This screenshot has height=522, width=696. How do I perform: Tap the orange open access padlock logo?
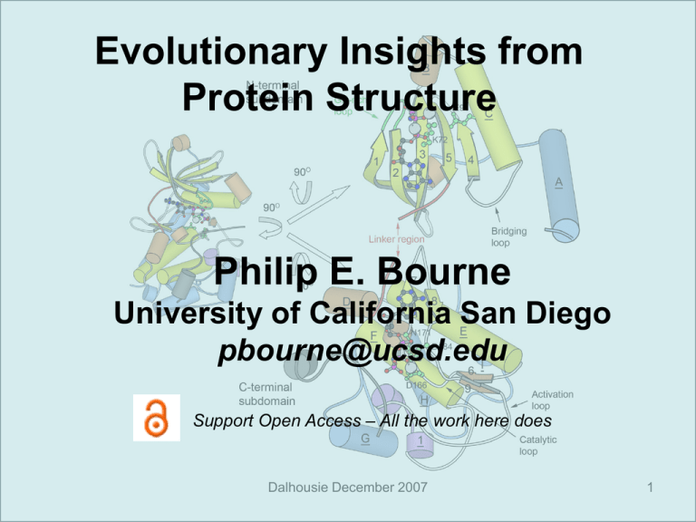coord(157,418)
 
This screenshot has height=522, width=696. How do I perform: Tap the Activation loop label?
coord(553,401)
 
